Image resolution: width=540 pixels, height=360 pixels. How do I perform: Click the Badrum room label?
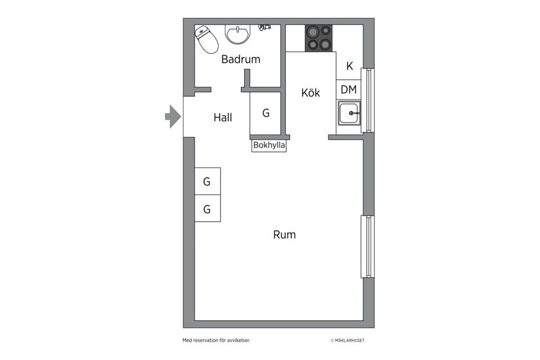point(240,59)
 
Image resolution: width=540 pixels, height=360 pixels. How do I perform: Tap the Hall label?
point(223,118)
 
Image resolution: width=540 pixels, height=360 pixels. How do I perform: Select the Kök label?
point(310,92)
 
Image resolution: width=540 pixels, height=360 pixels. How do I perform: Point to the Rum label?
point(284,235)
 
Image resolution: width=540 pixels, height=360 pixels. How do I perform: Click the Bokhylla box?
point(269,145)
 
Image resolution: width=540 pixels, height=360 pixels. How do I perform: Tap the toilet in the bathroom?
point(206,39)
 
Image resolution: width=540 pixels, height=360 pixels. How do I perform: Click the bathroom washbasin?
point(237,34)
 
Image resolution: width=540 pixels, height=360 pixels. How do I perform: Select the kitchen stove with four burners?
point(319,38)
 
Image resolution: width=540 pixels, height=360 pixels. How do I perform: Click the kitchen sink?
point(349,113)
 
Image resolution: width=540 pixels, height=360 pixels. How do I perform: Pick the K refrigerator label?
point(349,66)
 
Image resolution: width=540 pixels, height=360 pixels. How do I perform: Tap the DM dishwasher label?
point(349,89)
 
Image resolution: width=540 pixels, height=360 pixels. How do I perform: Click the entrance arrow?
point(173,116)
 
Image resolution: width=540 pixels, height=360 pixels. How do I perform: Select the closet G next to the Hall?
point(265,112)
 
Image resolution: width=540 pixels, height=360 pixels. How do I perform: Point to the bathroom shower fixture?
point(264,27)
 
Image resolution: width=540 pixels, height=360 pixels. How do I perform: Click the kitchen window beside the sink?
point(368,100)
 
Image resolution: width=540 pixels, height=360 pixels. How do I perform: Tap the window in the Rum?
point(368,246)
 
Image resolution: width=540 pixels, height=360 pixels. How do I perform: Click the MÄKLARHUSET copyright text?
point(348,340)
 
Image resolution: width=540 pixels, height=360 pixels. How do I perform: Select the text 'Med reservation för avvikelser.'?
point(216,340)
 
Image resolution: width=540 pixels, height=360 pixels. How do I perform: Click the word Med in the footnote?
point(186,340)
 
